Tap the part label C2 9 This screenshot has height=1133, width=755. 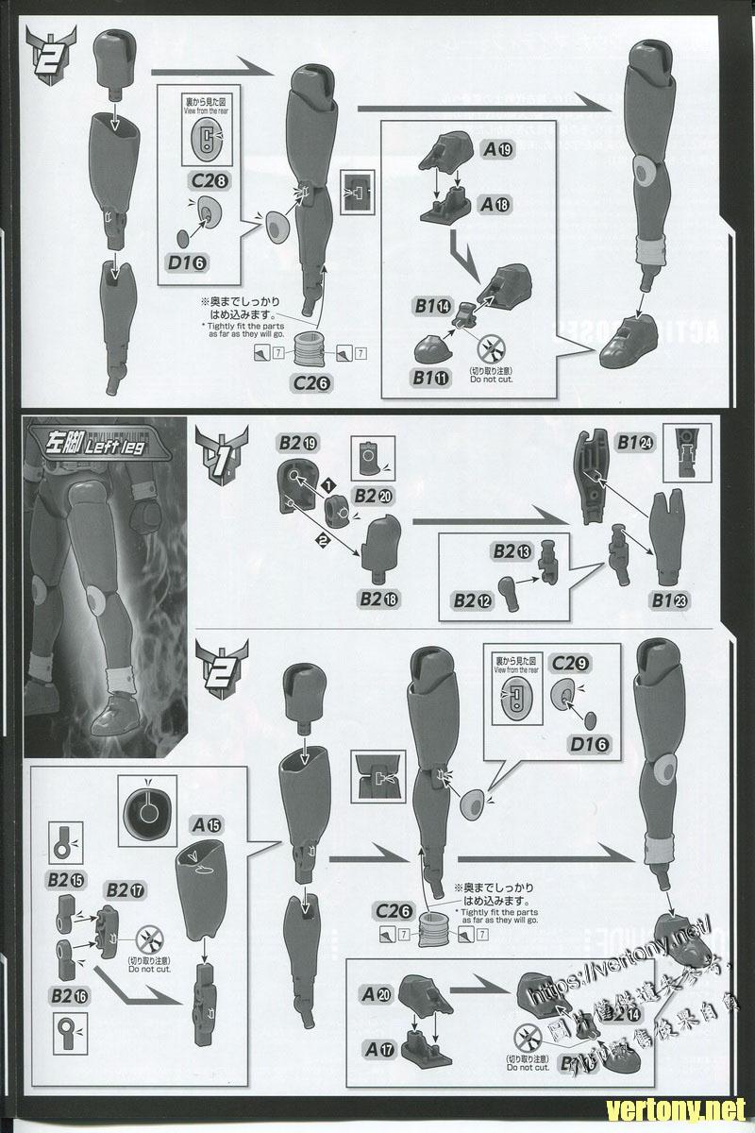click(x=571, y=664)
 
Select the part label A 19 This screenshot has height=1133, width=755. click(x=498, y=148)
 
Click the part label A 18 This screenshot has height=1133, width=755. click(x=498, y=204)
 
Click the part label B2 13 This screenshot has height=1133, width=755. click(x=511, y=549)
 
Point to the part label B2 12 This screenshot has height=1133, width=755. click(x=472, y=600)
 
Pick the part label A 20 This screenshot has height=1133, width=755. click(x=378, y=994)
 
